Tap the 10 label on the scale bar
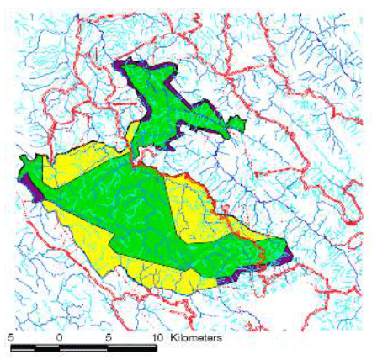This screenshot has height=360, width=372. coord(157,336)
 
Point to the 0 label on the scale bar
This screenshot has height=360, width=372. coord(59,336)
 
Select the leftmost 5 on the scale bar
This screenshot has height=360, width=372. coord(11,336)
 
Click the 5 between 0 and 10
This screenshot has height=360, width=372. coord(108,336)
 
